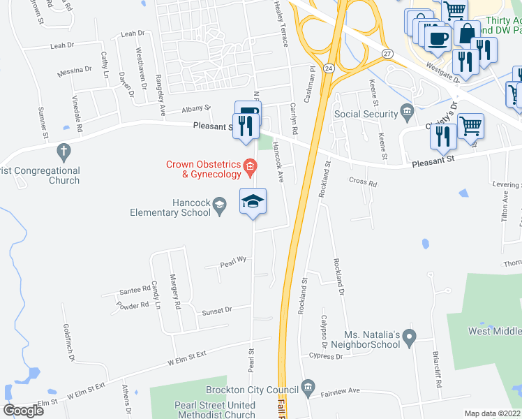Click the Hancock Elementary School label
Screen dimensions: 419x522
[171, 207]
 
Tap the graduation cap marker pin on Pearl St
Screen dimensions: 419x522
[253, 203]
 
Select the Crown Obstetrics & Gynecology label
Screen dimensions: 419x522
[203, 170]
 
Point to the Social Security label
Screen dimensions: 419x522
[365, 114]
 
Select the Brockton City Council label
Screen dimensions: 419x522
[252, 390]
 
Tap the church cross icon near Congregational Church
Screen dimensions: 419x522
[64, 151]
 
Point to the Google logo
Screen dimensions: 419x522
[23, 411]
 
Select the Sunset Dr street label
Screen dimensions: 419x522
[217, 309]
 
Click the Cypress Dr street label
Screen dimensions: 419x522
[326, 356]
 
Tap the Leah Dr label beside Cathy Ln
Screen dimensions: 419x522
[62, 45]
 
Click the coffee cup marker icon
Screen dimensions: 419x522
[438, 38]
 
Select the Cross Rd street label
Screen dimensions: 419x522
[363, 184]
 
